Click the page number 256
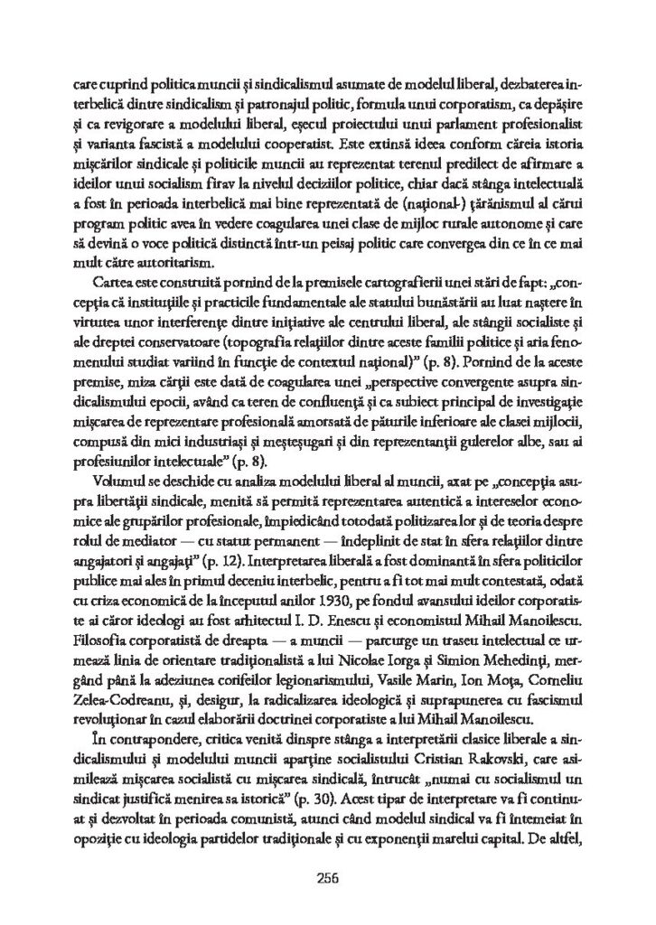tap(328, 875)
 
